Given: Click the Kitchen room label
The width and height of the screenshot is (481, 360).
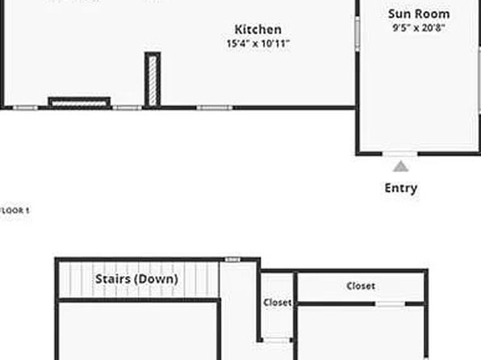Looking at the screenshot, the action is coord(258,30).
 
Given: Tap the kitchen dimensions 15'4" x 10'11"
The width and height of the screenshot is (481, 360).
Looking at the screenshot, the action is coord(258,44).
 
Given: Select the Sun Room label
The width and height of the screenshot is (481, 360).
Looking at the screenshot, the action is coord(419,14).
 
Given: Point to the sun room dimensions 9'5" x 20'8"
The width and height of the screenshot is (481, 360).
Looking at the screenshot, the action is coord(419,28).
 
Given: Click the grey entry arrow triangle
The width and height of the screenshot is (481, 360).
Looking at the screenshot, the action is coord(400,167).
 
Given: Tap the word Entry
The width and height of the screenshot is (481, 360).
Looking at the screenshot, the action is coord(400,188).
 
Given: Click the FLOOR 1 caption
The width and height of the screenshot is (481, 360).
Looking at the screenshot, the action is coord(15,211).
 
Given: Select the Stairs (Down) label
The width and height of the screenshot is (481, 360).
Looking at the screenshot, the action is coord(136,278).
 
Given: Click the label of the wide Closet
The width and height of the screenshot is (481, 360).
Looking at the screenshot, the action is coord(361,286).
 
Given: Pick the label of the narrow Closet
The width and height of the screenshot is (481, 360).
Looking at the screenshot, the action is coord(278,303).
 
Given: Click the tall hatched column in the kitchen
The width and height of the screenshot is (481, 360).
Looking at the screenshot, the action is coord(153,80).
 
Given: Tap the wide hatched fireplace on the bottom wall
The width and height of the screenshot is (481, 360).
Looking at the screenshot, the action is coord(79,103).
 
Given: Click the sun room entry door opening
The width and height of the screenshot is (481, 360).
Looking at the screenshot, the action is coord(400,153).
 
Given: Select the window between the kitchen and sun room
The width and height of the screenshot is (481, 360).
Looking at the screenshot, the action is coord(358,34).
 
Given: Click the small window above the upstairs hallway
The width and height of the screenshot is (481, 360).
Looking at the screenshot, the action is coord(232,260).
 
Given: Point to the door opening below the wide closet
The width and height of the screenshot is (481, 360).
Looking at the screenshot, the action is coord(390,303).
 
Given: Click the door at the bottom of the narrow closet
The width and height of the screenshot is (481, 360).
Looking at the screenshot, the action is coord(277,340).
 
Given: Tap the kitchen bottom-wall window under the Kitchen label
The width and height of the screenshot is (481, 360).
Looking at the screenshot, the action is coord(215,107).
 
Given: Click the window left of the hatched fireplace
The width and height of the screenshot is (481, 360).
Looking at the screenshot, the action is coord(25,107).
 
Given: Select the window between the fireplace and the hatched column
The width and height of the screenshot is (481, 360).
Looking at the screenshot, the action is coord(128,107).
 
